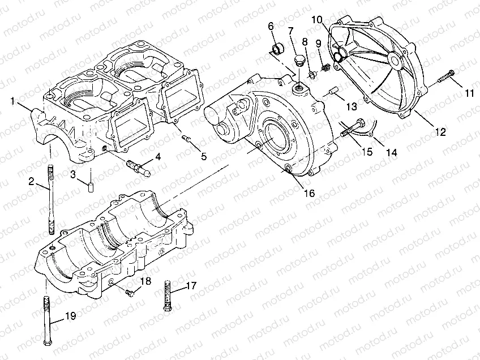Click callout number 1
click(12, 101)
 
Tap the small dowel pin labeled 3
click(89, 186)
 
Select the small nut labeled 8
click(311, 74)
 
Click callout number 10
click(315, 20)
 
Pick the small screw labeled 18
click(131, 293)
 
